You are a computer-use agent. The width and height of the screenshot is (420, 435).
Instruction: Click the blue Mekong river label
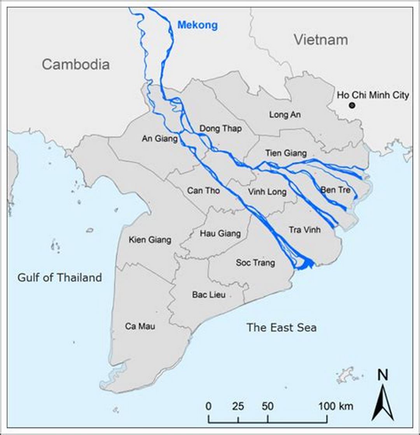coord(197,26)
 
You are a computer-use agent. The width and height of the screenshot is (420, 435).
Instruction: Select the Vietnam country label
coord(320,40)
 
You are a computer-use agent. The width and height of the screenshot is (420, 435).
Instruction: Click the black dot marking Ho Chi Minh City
coord(352,105)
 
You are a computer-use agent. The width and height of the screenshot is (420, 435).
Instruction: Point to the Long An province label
coord(285,115)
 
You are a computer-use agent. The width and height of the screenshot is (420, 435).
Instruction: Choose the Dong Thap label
coord(220,129)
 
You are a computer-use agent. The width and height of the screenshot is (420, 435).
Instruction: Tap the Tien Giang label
coord(286,153)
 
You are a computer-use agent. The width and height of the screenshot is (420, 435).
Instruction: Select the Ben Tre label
coord(335,190)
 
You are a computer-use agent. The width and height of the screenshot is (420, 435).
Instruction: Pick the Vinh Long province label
coord(267,192)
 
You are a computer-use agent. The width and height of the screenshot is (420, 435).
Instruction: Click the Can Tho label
coord(203,191)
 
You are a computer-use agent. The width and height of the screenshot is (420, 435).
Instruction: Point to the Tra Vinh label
coord(304,230)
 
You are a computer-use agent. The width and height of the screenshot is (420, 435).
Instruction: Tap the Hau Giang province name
coord(220,234)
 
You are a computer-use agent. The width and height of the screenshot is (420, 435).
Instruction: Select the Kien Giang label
coord(150,240)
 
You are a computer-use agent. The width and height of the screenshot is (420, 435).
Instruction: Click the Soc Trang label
coord(255,263)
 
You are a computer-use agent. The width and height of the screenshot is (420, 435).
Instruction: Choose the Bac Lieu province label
coord(209,295)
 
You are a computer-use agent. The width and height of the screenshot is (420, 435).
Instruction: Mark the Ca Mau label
coord(140,326)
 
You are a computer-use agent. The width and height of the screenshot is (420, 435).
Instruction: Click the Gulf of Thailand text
coord(59,278)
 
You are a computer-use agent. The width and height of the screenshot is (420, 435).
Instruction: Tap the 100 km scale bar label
coord(336,407)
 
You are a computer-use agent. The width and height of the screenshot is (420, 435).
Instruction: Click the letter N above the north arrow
coord(383,375)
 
